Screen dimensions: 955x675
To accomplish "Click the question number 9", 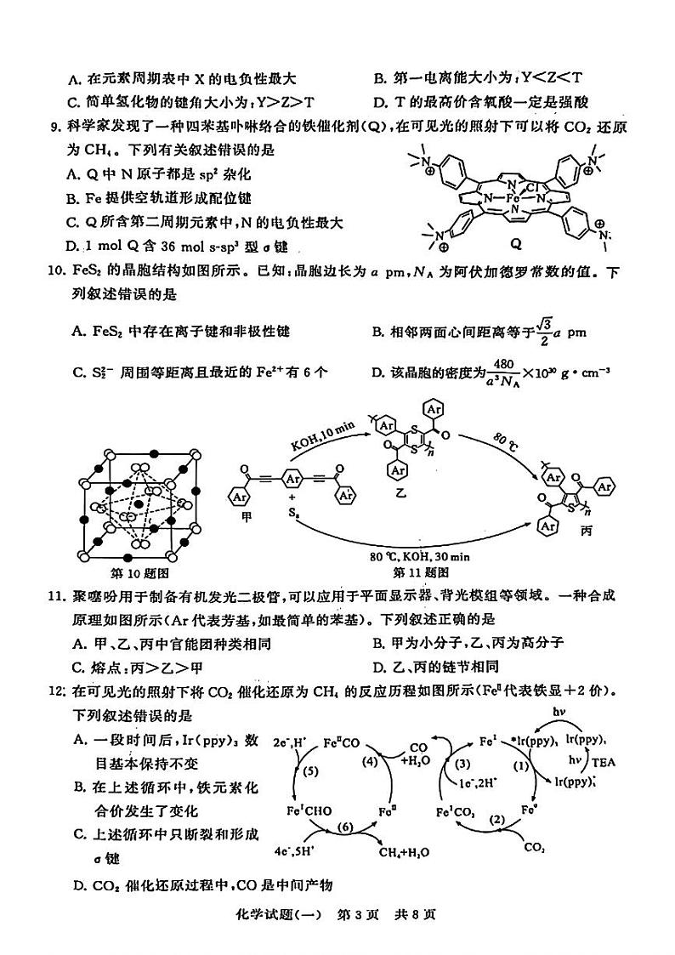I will [x=54, y=128].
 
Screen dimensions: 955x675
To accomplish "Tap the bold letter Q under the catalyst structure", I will [x=514, y=242].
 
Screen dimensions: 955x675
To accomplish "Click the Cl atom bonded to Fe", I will [x=530, y=186].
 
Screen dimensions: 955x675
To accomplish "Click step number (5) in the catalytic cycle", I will [x=308, y=771].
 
